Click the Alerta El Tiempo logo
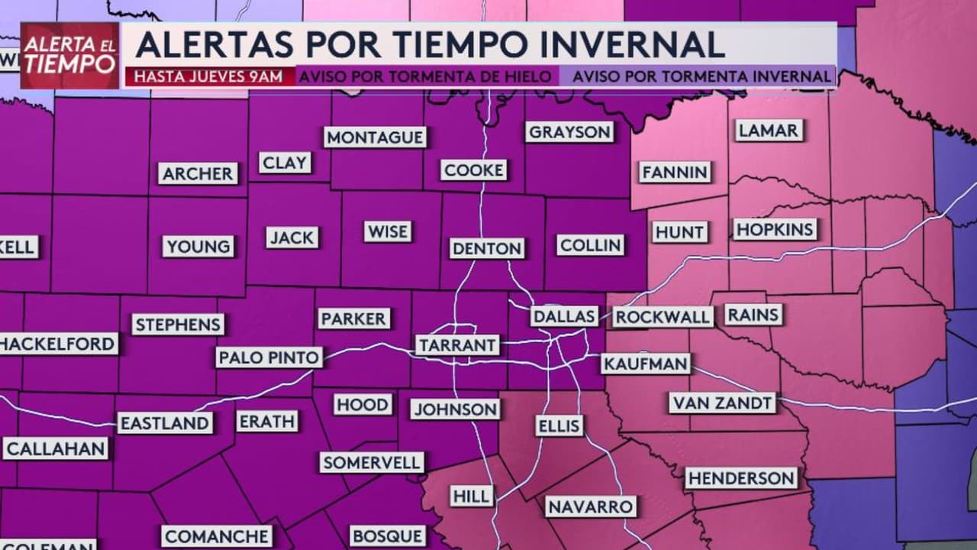(x=69, y=55)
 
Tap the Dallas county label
(x=564, y=316)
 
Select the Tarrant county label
(x=458, y=345)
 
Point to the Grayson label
(x=570, y=132)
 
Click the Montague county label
(x=375, y=137)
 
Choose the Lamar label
(x=769, y=131)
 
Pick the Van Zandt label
(x=722, y=403)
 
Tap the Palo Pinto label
(x=269, y=357)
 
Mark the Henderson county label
(x=740, y=478)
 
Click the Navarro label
(x=590, y=506)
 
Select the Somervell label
(x=371, y=462)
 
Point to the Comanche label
(x=216, y=536)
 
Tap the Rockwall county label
(x=663, y=317)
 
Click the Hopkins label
(x=775, y=229)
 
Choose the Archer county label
(x=198, y=173)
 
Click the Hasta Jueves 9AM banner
(x=208, y=76)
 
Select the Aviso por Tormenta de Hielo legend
(x=425, y=76)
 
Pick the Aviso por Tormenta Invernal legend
(x=701, y=76)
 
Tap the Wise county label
(x=388, y=231)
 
